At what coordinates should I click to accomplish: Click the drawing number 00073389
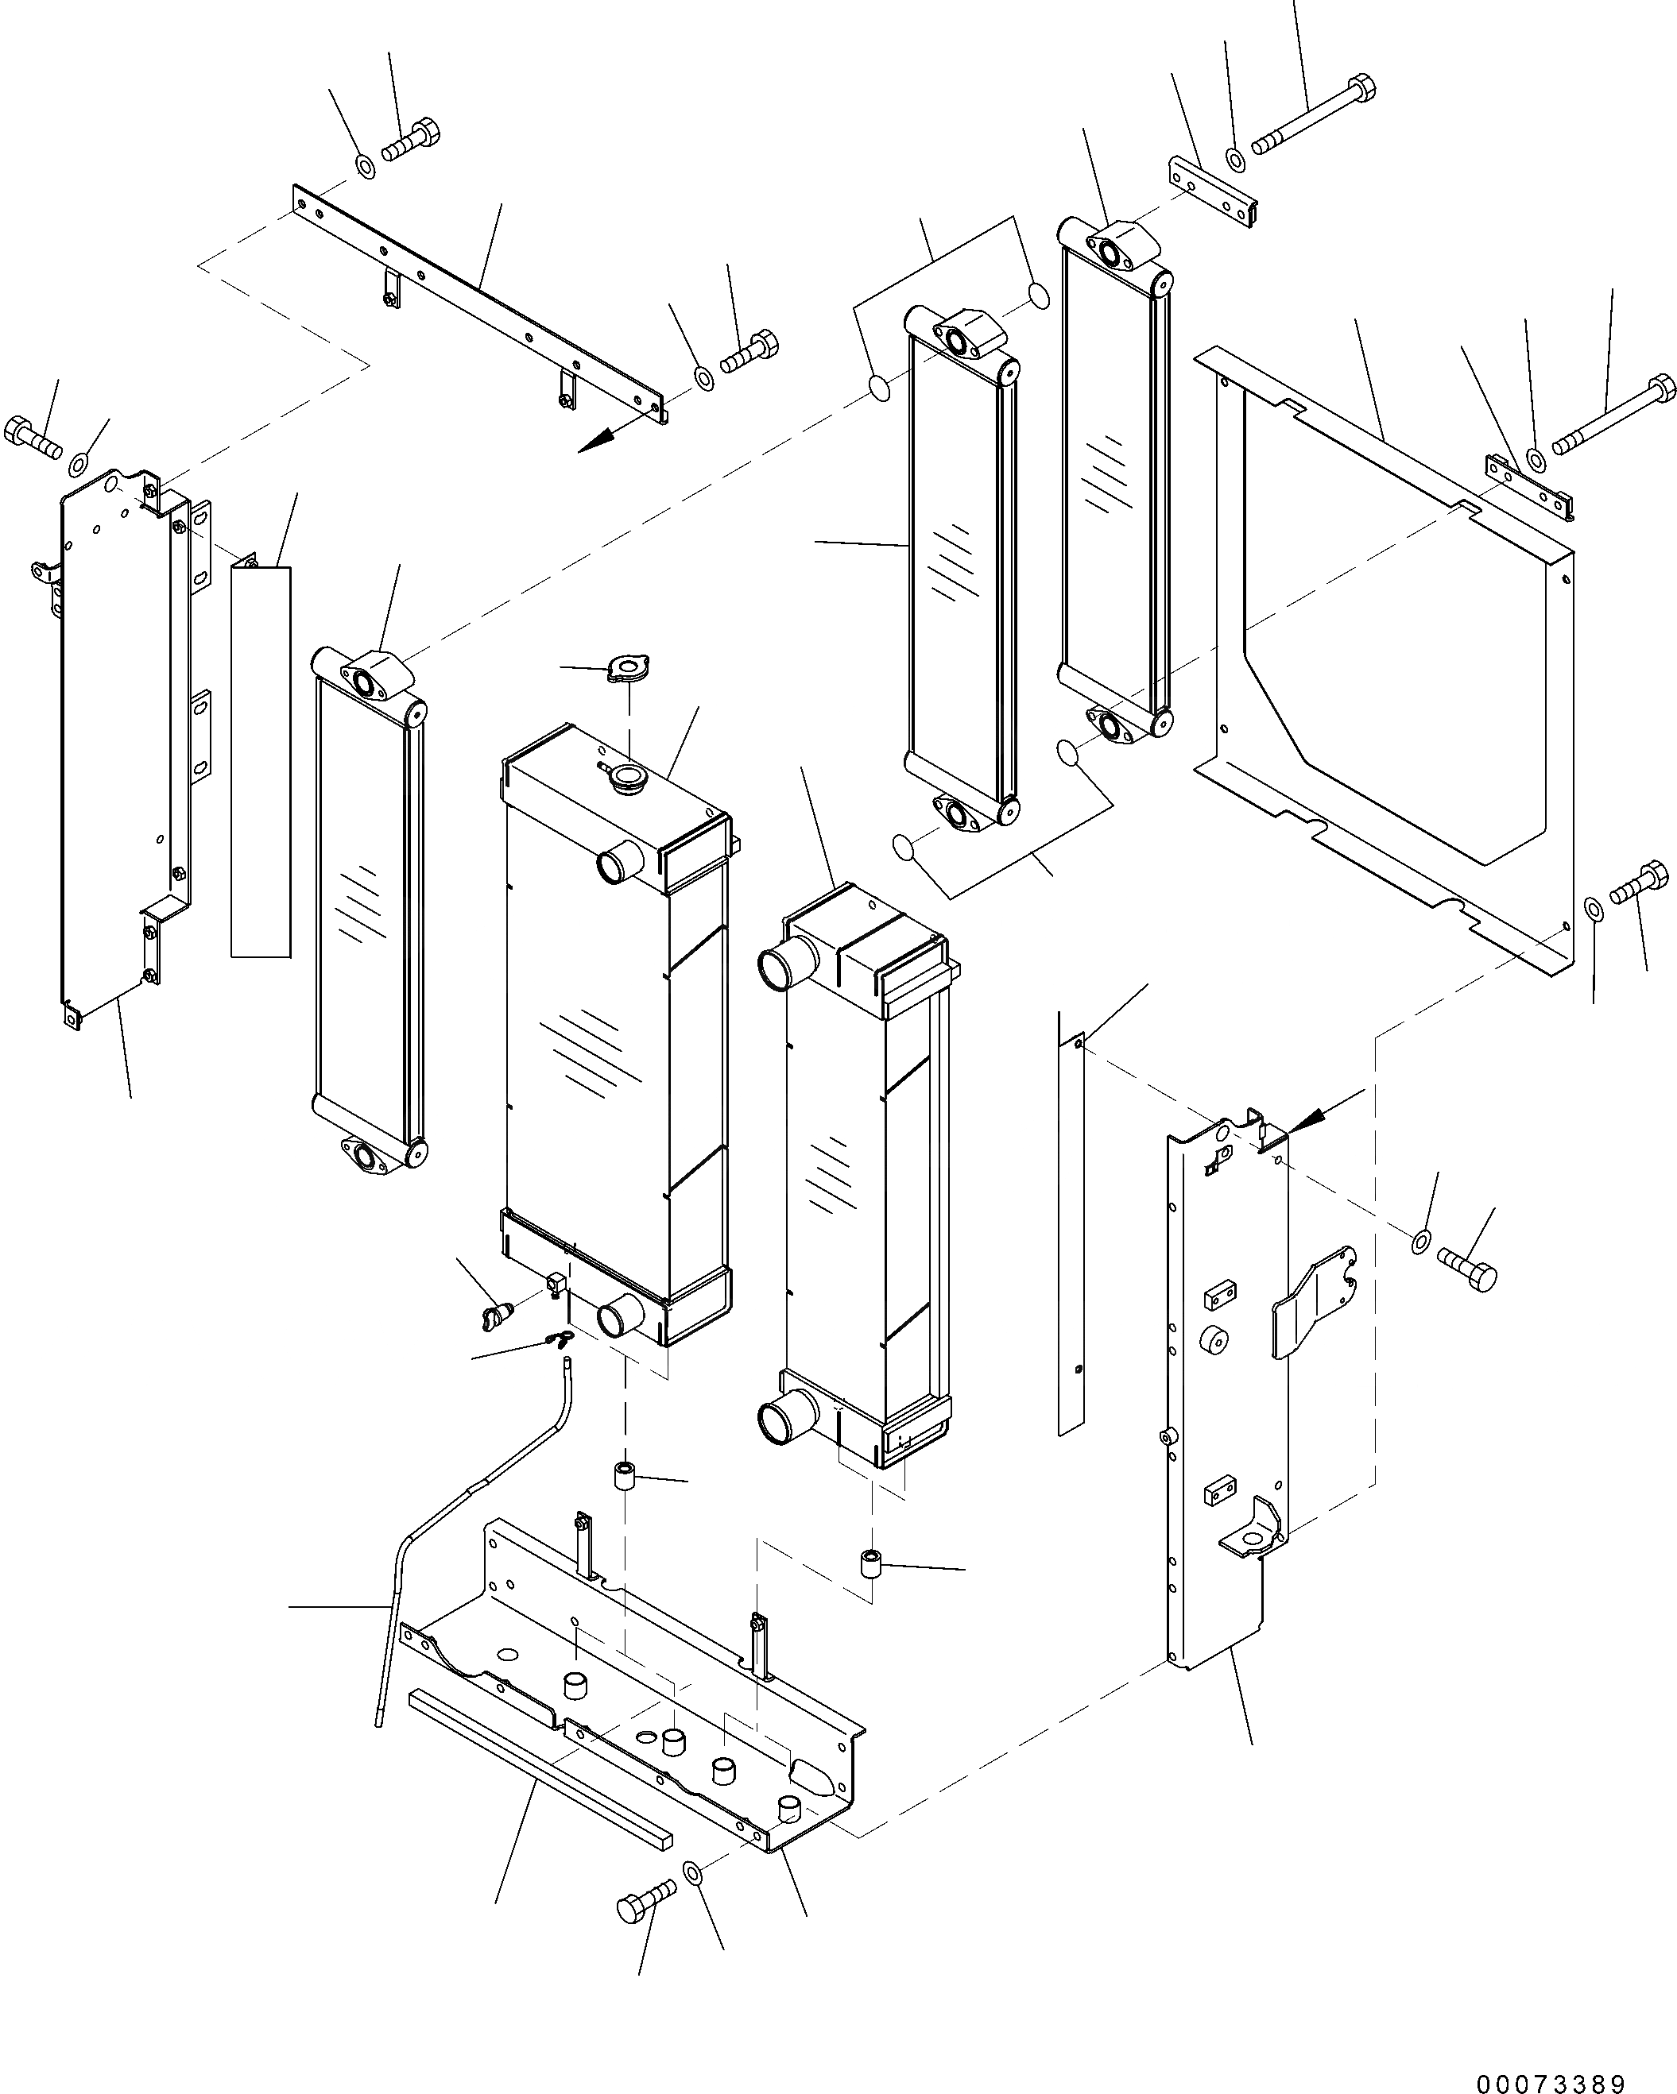[1551, 2078]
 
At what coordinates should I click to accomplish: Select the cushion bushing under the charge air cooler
[872, 1563]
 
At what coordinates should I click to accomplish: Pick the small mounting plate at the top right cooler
[1210, 192]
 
